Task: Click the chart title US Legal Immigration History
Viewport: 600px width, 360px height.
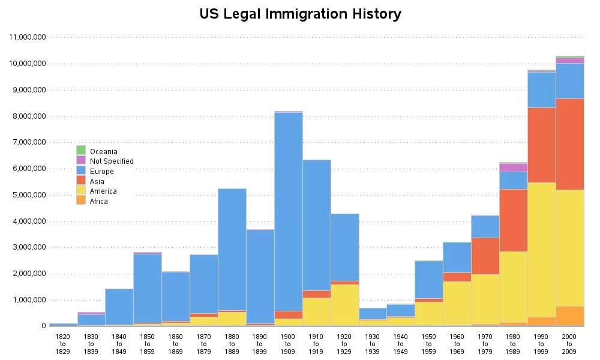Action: coord(300,14)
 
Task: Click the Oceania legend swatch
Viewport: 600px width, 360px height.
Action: coord(81,150)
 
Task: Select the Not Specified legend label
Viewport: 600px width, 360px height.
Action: coord(112,161)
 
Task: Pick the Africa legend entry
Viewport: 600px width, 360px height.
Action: coord(99,202)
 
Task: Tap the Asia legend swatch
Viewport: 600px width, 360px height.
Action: coord(81,181)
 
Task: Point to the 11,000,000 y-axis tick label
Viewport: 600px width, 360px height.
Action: coord(27,37)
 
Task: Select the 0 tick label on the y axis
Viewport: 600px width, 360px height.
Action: coord(44,326)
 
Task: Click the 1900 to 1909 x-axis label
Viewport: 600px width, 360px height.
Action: coord(288,343)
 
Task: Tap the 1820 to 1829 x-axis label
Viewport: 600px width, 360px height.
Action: coord(63,343)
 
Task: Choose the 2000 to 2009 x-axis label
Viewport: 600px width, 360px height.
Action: coord(569,343)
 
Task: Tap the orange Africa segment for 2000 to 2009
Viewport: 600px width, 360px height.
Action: coord(569,316)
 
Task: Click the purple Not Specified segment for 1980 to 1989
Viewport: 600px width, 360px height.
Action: coord(513,167)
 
